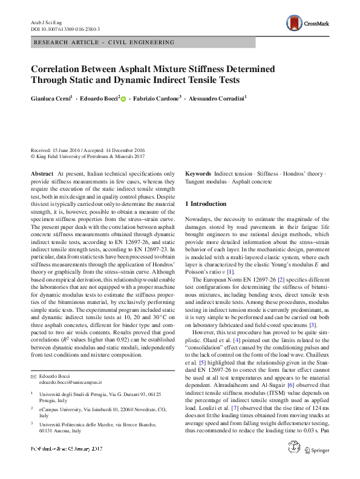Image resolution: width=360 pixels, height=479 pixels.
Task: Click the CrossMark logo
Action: [309, 24]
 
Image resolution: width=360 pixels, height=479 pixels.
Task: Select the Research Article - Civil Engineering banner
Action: [105, 42]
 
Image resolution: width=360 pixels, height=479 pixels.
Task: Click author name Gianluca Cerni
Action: [51, 97]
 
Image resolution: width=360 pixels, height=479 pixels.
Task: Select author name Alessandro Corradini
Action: [217, 97]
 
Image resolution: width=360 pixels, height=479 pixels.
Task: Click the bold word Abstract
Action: [42, 173]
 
